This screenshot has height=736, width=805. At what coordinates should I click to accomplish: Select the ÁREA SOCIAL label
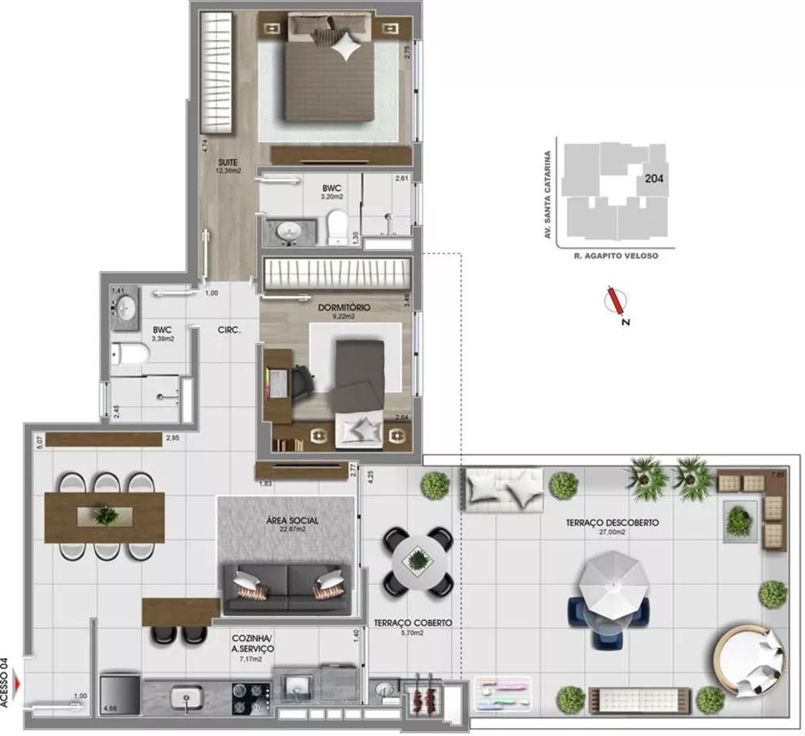(291, 520)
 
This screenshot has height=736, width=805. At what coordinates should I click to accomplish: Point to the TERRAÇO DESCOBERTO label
(612, 523)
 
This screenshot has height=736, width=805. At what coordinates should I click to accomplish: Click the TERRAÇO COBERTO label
(412, 623)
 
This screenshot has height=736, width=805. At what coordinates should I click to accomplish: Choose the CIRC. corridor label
(226, 330)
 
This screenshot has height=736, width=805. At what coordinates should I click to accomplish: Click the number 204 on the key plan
(654, 179)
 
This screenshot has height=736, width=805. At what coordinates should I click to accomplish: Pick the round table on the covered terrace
(418, 561)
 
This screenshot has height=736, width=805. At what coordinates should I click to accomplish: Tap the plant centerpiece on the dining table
(105, 515)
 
